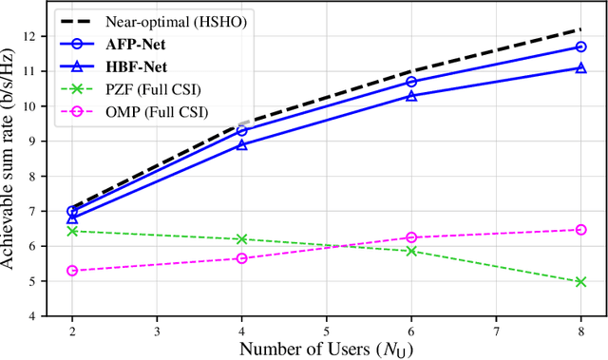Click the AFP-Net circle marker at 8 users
pos(580,46)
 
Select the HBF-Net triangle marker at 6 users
pos(411,96)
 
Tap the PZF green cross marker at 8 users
pos(580,281)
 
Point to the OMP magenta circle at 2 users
pos(72,271)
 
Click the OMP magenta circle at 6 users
pos(411,237)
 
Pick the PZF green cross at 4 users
pos(242,239)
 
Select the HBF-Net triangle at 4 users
pos(242,144)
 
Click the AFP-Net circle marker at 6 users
pos(411,82)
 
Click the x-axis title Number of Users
pos(326,350)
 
